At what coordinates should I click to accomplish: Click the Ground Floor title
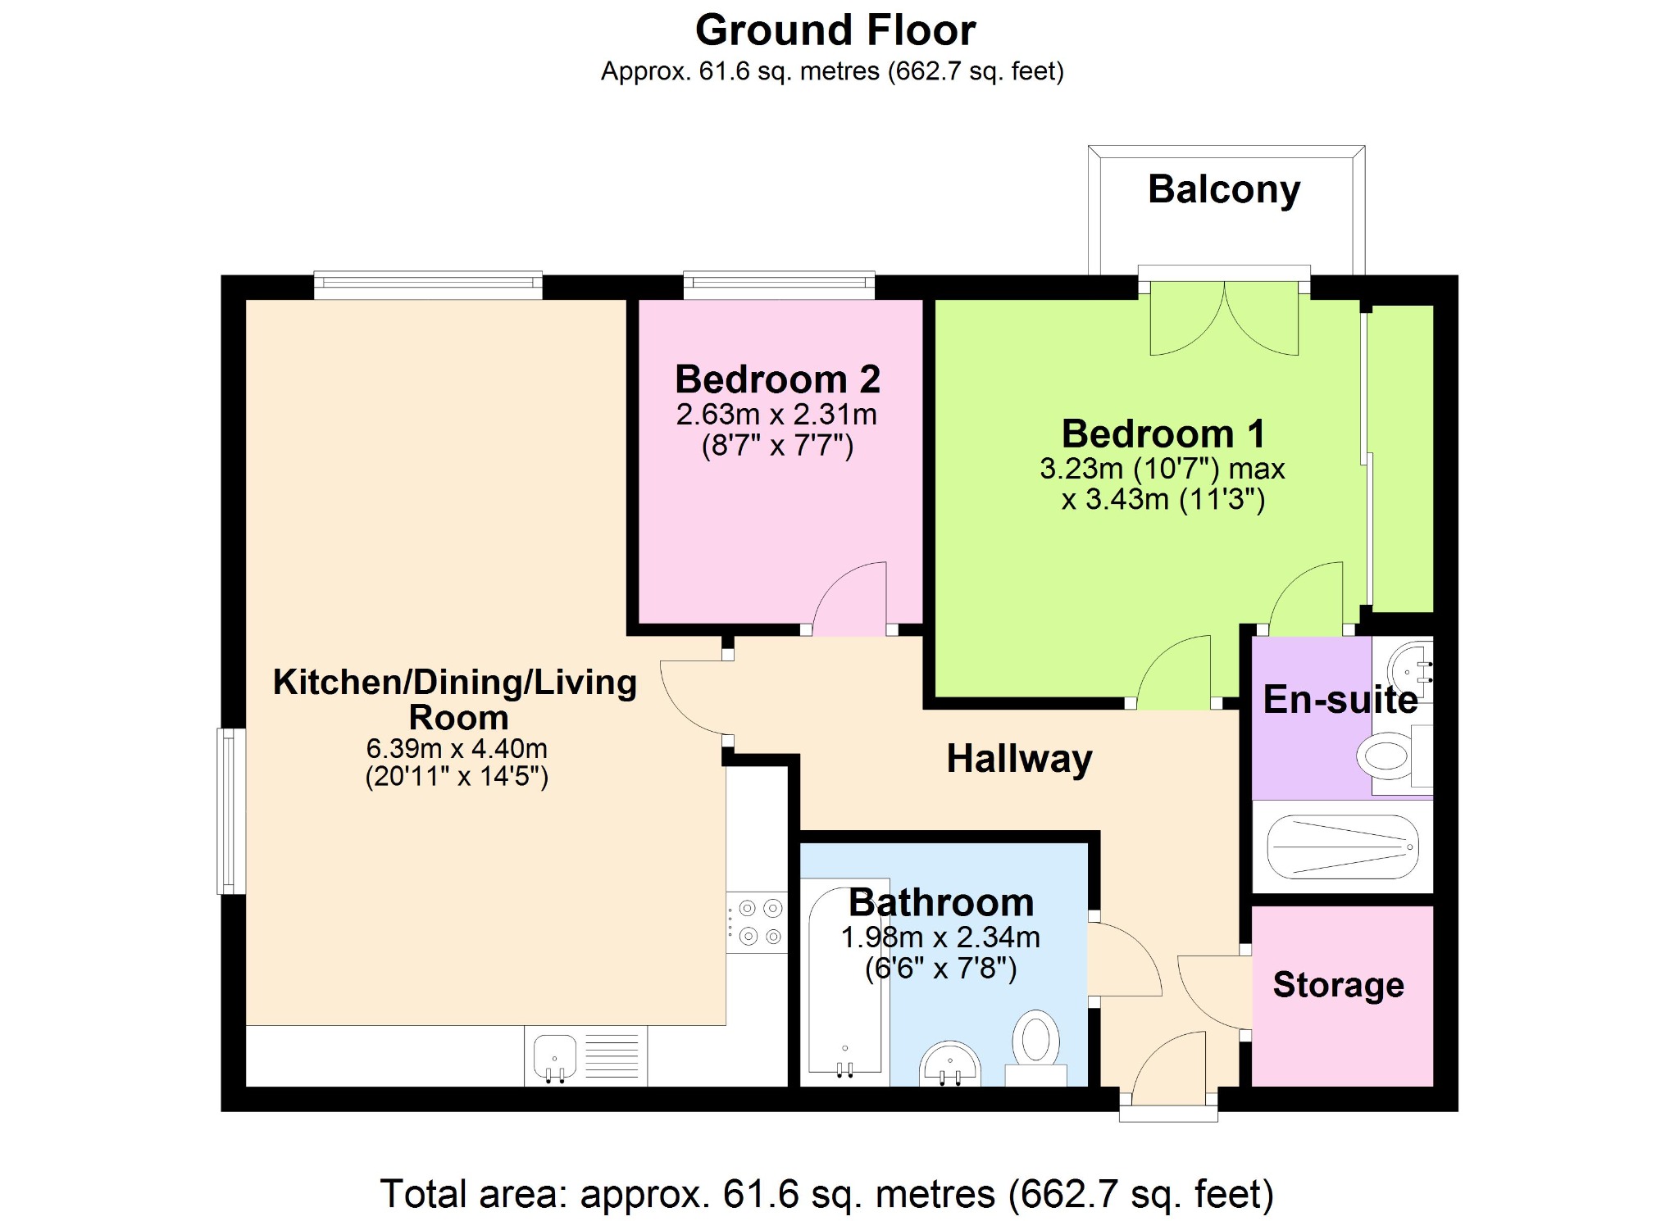(835, 30)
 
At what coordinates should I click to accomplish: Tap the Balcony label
(1224, 190)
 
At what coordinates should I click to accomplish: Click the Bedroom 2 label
(777, 379)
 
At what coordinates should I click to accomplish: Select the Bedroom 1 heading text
(1163, 433)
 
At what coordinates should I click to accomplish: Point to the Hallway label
(1019, 759)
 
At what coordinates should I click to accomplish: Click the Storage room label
(1338, 985)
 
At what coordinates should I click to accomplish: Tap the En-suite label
(1340, 699)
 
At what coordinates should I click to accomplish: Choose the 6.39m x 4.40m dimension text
(457, 748)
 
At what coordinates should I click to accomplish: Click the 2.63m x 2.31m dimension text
(776, 415)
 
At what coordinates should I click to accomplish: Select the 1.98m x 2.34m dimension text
(940, 937)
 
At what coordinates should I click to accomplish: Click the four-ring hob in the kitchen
(757, 922)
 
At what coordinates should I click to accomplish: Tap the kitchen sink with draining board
(585, 1056)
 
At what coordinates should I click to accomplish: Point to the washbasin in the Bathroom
(949, 1064)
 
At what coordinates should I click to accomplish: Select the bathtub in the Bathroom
(844, 980)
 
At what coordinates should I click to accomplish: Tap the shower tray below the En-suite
(1342, 847)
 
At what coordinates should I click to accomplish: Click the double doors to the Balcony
(1224, 318)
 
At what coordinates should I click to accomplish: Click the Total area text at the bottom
(826, 1194)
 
